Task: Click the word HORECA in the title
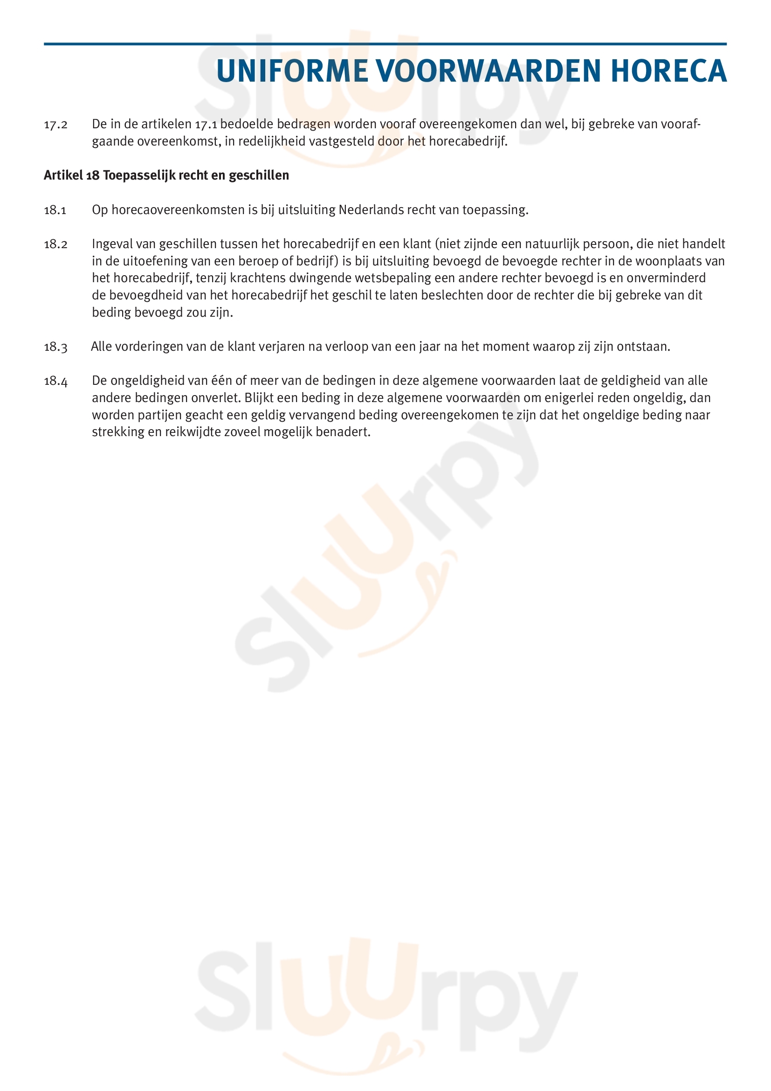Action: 668,71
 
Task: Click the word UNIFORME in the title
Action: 292,71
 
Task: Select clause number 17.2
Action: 55,125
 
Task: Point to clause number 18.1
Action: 55,210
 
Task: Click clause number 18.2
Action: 55,244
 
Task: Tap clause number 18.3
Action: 55,347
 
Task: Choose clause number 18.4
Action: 55,381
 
